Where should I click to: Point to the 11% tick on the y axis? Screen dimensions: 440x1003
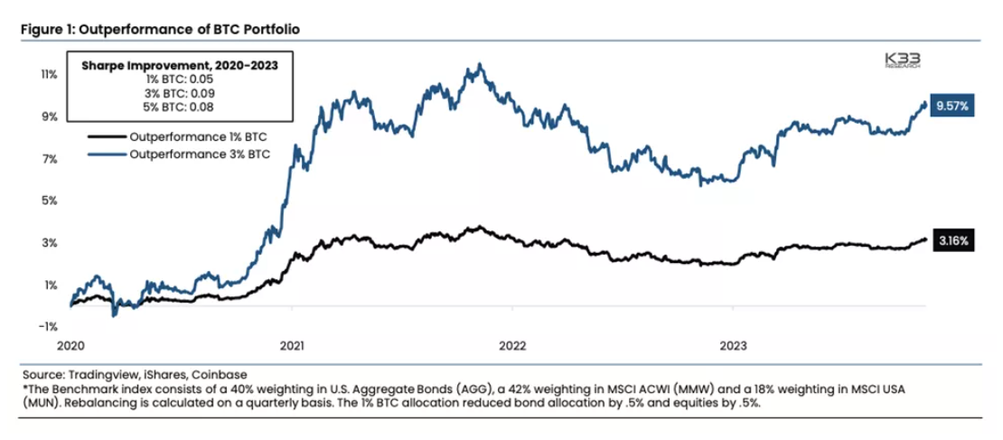pos(50,74)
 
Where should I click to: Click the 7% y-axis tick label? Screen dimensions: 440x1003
pos(51,159)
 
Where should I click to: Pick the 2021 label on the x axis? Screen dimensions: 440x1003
pos(292,344)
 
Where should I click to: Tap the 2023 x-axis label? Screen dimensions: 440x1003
pos(733,344)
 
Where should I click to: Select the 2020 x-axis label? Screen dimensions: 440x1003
pos(72,344)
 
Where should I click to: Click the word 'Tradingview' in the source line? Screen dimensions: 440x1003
pos(96,373)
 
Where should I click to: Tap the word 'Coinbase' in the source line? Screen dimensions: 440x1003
pos(219,373)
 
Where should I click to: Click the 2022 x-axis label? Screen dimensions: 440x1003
pos(512,344)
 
